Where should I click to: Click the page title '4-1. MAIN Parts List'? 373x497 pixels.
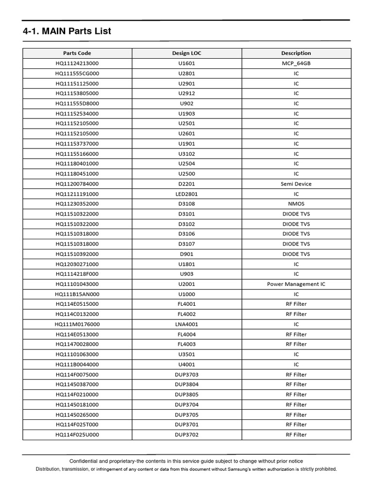(67, 32)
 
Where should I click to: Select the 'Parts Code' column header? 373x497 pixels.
(77, 53)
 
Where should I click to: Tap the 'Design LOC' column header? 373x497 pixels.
(186, 53)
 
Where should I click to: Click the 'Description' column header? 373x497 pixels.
(296, 53)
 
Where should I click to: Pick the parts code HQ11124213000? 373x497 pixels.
(77, 64)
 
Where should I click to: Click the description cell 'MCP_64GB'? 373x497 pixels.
(296, 64)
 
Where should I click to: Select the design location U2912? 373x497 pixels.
(186, 94)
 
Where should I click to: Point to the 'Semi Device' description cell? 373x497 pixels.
(296, 184)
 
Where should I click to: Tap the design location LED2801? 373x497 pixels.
(186, 194)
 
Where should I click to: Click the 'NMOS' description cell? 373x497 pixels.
(296, 204)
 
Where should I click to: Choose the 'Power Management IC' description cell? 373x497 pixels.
(296, 284)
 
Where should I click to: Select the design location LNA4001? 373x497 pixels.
(186, 324)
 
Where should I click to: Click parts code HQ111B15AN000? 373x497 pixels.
(77, 294)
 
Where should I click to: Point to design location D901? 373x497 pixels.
(186, 254)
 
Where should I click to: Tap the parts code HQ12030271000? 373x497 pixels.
(77, 264)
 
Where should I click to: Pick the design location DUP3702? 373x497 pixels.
(186, 435)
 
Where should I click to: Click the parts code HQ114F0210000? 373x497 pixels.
(77, 395)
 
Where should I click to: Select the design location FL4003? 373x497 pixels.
(186, 344)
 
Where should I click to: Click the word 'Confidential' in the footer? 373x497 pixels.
(85, 461)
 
